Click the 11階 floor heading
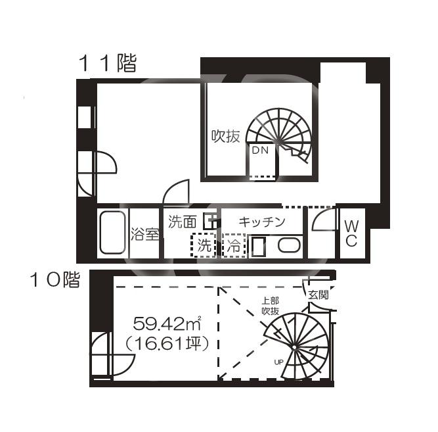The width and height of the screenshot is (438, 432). [108, 63]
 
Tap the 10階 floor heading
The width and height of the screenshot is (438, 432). [55, 279]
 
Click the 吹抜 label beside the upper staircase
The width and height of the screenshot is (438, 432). [225, 137]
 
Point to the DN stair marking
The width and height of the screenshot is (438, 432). [260, 151]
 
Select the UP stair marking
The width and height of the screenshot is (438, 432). [279, 362]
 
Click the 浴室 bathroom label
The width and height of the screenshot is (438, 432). [145, 234]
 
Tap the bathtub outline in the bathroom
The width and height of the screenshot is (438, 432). [112, 233]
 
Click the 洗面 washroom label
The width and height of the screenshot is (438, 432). [183, 222]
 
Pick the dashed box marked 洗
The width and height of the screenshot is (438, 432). [204, 245]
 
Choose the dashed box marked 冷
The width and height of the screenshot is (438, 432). [234, 245]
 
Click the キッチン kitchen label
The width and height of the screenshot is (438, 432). [262, 222]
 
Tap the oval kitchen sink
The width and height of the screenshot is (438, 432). [289, 245]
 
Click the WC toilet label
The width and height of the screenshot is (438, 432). [351, 233]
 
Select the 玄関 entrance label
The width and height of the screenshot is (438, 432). [318, 295]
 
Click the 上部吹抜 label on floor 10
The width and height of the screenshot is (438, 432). [270, 306]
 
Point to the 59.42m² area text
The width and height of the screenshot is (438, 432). [167, 324]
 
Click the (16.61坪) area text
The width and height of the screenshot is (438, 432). [167, 343]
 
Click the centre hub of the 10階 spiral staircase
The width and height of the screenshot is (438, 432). [294, 347]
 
